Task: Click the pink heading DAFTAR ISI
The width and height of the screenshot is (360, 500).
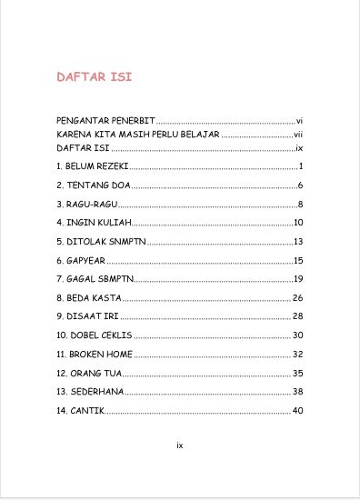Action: point(95,77)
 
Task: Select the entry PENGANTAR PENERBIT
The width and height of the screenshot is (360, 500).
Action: point(105,121)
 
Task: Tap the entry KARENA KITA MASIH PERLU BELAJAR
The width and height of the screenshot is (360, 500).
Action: point(138,135)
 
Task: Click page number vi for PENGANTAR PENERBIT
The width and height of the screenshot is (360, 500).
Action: point(298,121)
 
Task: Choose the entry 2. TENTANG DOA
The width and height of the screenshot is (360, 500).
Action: point(94,185)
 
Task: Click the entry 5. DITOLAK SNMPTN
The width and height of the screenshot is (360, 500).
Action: point(101,242)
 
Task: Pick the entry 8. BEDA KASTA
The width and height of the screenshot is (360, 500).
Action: point(88,297)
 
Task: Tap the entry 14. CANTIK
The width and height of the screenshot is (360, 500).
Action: point(80,411)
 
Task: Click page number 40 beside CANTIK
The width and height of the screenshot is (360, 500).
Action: point(297,411)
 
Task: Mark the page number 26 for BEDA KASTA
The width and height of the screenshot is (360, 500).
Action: point(297,297)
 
